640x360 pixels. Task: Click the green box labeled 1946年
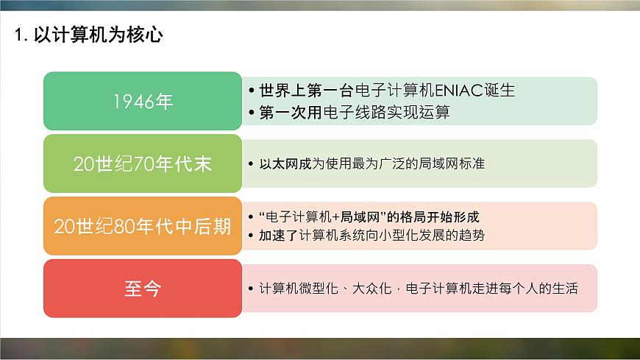tap(143, 102)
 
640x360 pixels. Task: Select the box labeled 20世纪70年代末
tap(143, 163)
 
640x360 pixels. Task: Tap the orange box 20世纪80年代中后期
tap(143, 226)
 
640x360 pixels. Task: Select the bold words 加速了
tap(277, 236)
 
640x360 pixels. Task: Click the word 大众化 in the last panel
tap(373, 288)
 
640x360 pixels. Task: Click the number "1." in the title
tap(21, 35)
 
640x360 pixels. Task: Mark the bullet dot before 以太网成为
tap(252, 163)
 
